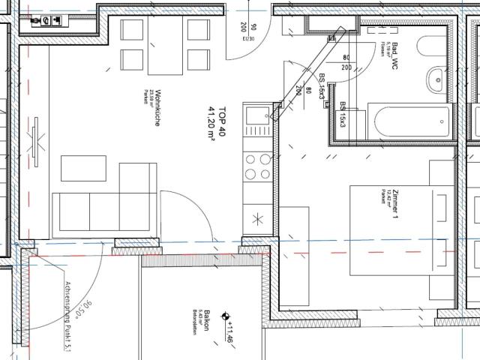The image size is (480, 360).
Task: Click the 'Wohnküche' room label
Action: (156, 112)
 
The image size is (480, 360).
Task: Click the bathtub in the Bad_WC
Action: (405, 122)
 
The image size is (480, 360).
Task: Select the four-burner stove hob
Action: (257, 166)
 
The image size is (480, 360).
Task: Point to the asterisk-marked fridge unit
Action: (257, 220)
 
